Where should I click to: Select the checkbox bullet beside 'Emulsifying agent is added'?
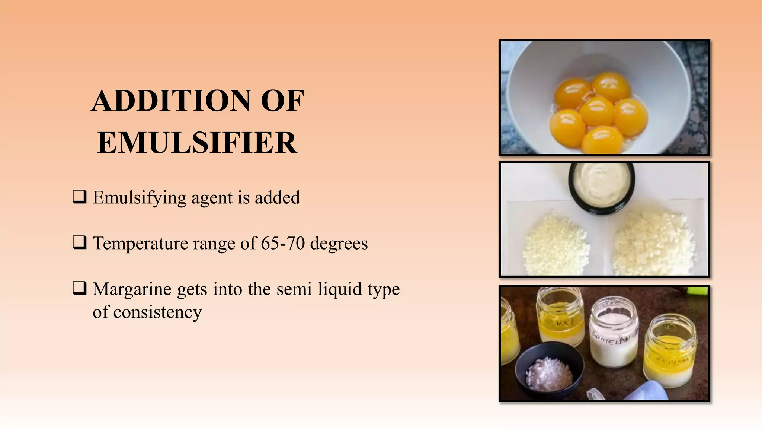(79, 197)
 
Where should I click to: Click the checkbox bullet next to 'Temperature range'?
(79, 242)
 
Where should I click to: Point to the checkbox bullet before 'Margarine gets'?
(79, 288)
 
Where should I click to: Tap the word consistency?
(157, 312)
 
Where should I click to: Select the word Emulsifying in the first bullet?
(140, 198)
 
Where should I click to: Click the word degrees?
(339, 244)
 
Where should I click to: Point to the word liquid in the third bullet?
(339, 289)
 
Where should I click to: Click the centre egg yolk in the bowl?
(597, 111)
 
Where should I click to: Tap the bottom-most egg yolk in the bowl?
(603, 140)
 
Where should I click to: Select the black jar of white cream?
(601, 186)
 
